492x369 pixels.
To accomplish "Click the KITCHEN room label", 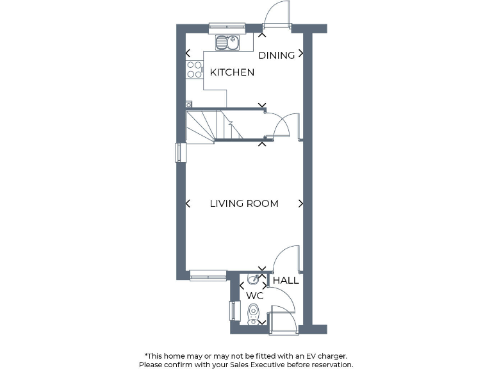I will [233, 72].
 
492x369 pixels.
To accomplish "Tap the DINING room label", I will [277, 55].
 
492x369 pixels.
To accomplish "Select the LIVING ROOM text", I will [244, 204].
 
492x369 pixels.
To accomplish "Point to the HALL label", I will [286, 280].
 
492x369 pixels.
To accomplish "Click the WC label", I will [255, 296].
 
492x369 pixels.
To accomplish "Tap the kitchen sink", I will [227, 43].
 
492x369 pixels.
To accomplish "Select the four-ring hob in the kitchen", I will [194, 70].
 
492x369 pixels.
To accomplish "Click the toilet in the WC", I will [254, 313].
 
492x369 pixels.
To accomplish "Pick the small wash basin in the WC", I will [254, 279].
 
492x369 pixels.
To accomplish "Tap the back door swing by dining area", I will [275, 14].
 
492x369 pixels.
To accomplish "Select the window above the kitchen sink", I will [227, 28].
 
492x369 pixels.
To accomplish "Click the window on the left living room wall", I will [181, 152].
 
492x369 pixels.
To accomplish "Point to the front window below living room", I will [208, 275].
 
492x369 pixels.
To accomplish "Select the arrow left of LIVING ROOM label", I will [188, 204].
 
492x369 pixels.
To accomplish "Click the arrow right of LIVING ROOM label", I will [300, 204].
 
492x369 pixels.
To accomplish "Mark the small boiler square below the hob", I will [188, 104].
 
